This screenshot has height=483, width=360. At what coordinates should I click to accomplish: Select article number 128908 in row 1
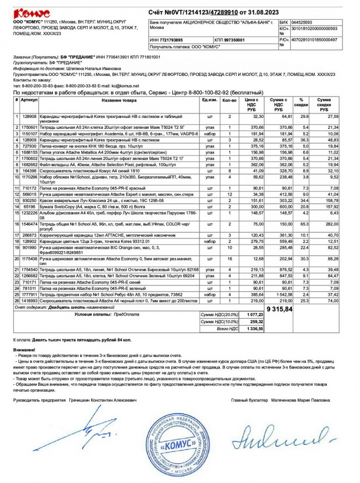[x=29, y=116]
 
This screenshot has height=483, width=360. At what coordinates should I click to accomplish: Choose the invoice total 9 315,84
[x=279, y=309]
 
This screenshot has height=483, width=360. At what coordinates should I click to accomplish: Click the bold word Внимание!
[x=24, y=349]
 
